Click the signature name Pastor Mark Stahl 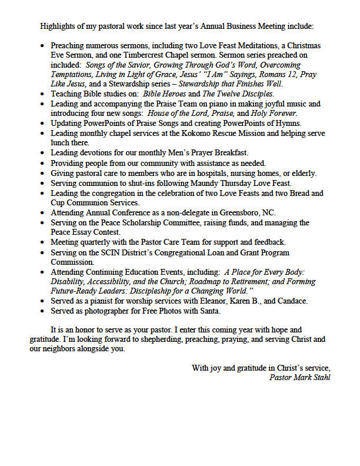point(299,377)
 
